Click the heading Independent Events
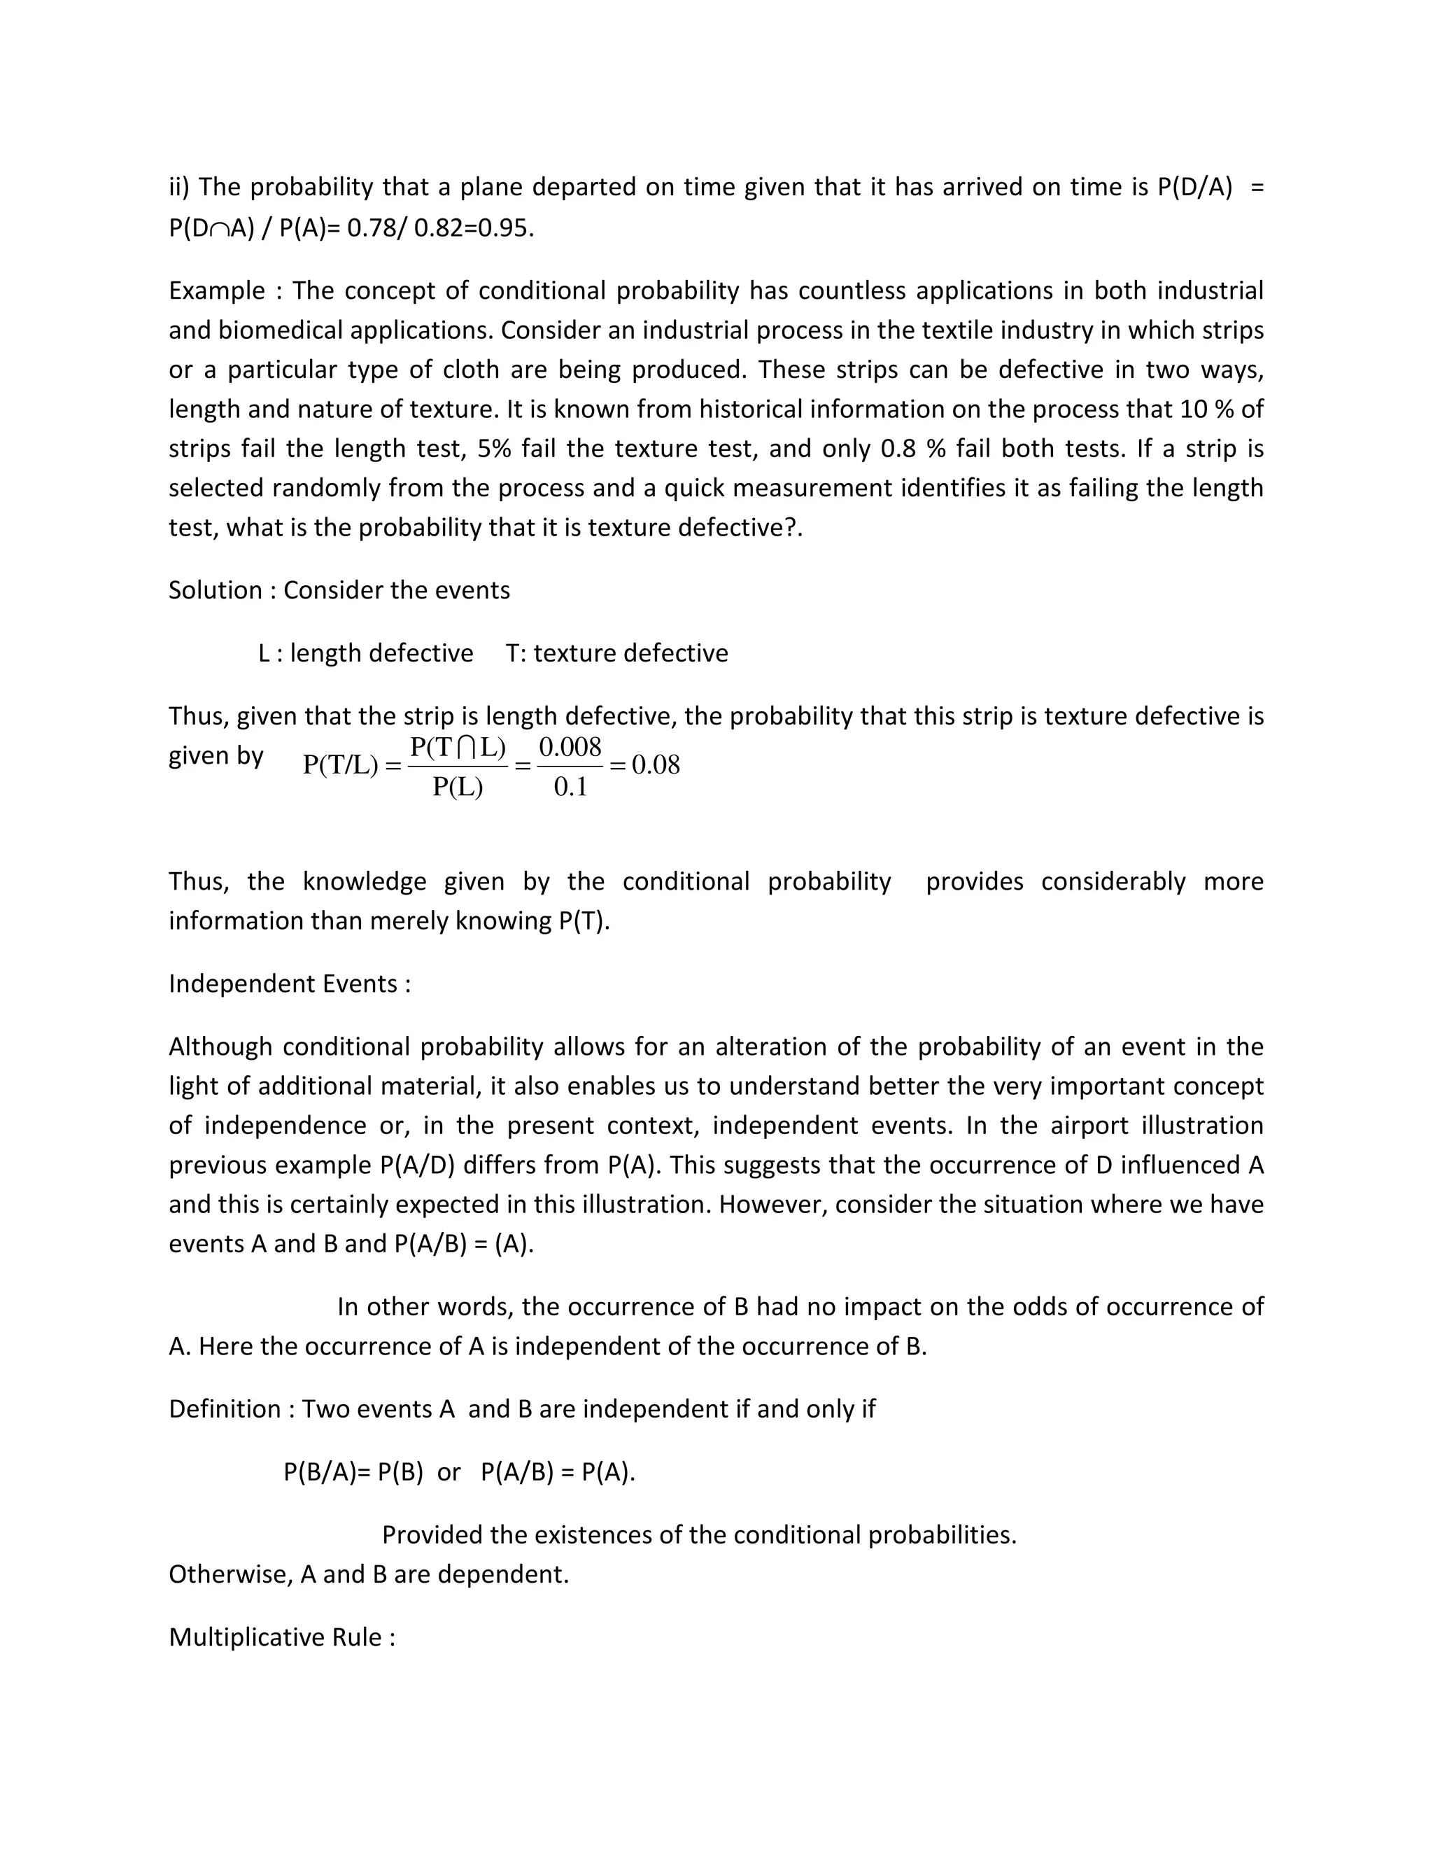coord(289,983)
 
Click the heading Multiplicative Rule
coord(281,1637)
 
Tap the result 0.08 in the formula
coord(656,765)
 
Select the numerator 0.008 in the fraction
coord(570,747)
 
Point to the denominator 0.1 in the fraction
coord(570,787)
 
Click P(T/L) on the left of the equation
coord(339,765)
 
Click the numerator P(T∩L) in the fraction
coord(458,747)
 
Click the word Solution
coord(216,590)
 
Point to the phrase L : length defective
coord(365,653)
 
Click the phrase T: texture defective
coord(616,653)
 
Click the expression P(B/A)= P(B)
coord(353,1472)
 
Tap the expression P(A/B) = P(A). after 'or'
coord(557,1472)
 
